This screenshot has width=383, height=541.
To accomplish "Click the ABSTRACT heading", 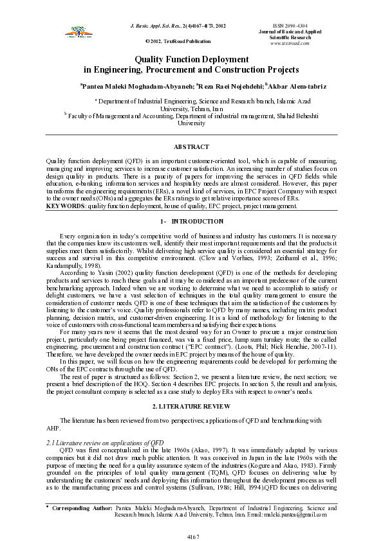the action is tap(191, 147).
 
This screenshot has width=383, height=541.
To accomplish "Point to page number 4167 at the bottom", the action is tap(191, 535).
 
